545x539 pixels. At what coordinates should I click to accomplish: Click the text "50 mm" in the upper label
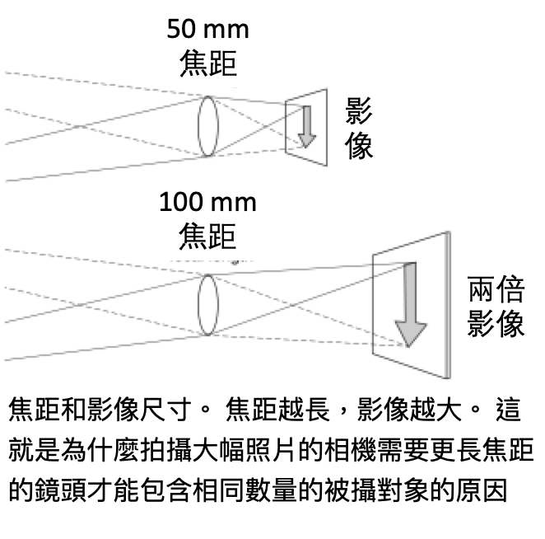[x=207, y=31]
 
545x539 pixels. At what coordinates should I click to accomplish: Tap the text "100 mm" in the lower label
[x=207, y=203]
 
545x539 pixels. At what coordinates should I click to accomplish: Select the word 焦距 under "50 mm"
[x=207, y=64]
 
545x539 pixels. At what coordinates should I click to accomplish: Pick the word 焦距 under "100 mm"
[x=207, y=237]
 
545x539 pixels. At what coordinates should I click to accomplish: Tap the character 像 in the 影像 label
[x=360, y=146]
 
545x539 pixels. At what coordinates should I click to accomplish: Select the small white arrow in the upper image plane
[x=306, y=125]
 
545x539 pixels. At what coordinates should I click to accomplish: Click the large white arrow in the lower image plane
[x=409, y=306]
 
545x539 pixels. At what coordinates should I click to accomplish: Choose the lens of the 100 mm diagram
[x=207, y=305]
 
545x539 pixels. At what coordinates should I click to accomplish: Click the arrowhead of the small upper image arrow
[x=306, y=139]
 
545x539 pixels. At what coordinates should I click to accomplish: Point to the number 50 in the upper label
[x=181, y=31]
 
